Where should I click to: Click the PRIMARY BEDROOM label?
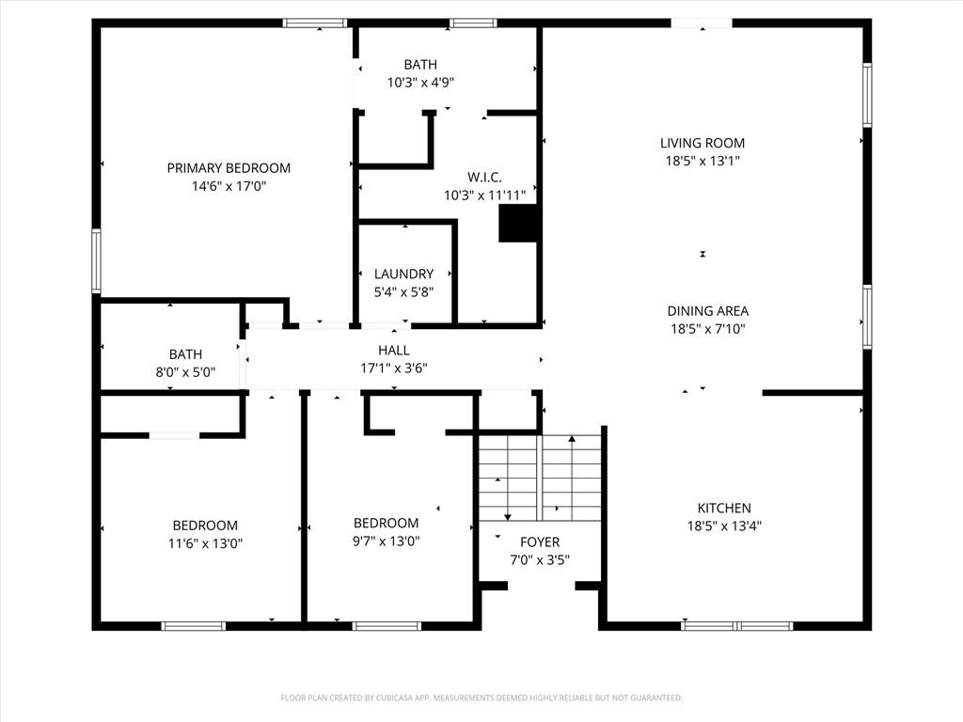pos(229,168)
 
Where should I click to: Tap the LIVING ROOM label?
pos(703,143)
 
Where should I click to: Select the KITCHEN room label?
pos(724,509)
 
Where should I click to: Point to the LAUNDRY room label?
pos(403,274)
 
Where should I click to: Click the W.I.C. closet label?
pos(484,178)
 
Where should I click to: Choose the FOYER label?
pos(540,542)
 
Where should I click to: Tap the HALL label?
pos(394,351)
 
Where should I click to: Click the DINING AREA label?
pos(708,311)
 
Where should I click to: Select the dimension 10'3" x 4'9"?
pos(420,83)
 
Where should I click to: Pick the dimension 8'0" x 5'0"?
pos(185,372)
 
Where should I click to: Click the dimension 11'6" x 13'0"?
pos(205,543)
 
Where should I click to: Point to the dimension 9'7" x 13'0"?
pos(387,541)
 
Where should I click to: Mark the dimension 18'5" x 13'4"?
pos(724,526)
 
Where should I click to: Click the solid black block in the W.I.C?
pos(518,224)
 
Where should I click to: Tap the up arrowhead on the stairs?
pos(572,438)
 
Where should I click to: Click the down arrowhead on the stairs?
pos(508,517)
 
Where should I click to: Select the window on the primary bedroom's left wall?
pos(97,260)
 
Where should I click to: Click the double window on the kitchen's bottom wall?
pos(737,626)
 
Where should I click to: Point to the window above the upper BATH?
pos(473,24)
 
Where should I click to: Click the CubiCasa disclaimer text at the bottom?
pos(481,698)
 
